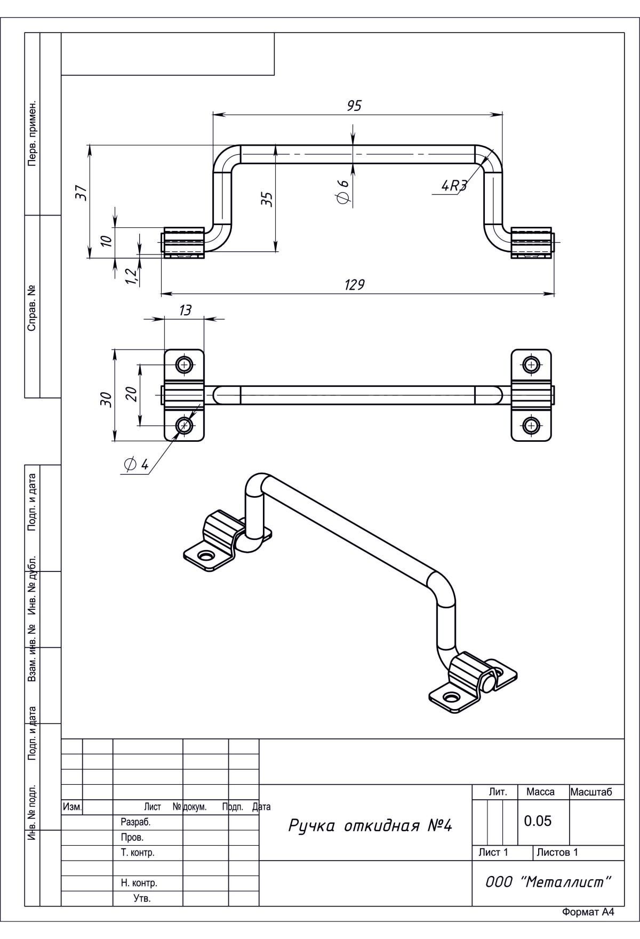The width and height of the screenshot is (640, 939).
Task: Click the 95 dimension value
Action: (354, 106)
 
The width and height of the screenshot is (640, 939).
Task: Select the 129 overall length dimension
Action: (354, 284)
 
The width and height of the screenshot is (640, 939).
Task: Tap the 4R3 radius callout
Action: (454, 186)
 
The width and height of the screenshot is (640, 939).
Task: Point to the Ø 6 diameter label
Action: (343, 191)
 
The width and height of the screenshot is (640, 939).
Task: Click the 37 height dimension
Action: (81, 192)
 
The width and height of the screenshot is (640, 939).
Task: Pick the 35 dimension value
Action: (268, 199)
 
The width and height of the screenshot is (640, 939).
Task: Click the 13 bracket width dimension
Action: (185, 310)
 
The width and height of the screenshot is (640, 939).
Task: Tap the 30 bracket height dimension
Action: (106, 399)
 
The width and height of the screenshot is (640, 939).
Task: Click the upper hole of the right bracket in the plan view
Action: (531, 365)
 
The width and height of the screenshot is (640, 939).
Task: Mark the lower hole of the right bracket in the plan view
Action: (531, 425)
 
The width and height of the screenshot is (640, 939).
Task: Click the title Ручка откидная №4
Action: (370, 826)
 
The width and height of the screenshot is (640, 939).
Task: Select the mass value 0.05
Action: (538, 821)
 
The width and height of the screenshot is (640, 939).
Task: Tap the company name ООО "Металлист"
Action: (548, 882)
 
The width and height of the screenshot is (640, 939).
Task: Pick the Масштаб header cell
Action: (591, 792)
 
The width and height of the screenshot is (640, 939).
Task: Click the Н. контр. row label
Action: (139, 883)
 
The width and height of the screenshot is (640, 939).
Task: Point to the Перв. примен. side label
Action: (32, 132)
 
